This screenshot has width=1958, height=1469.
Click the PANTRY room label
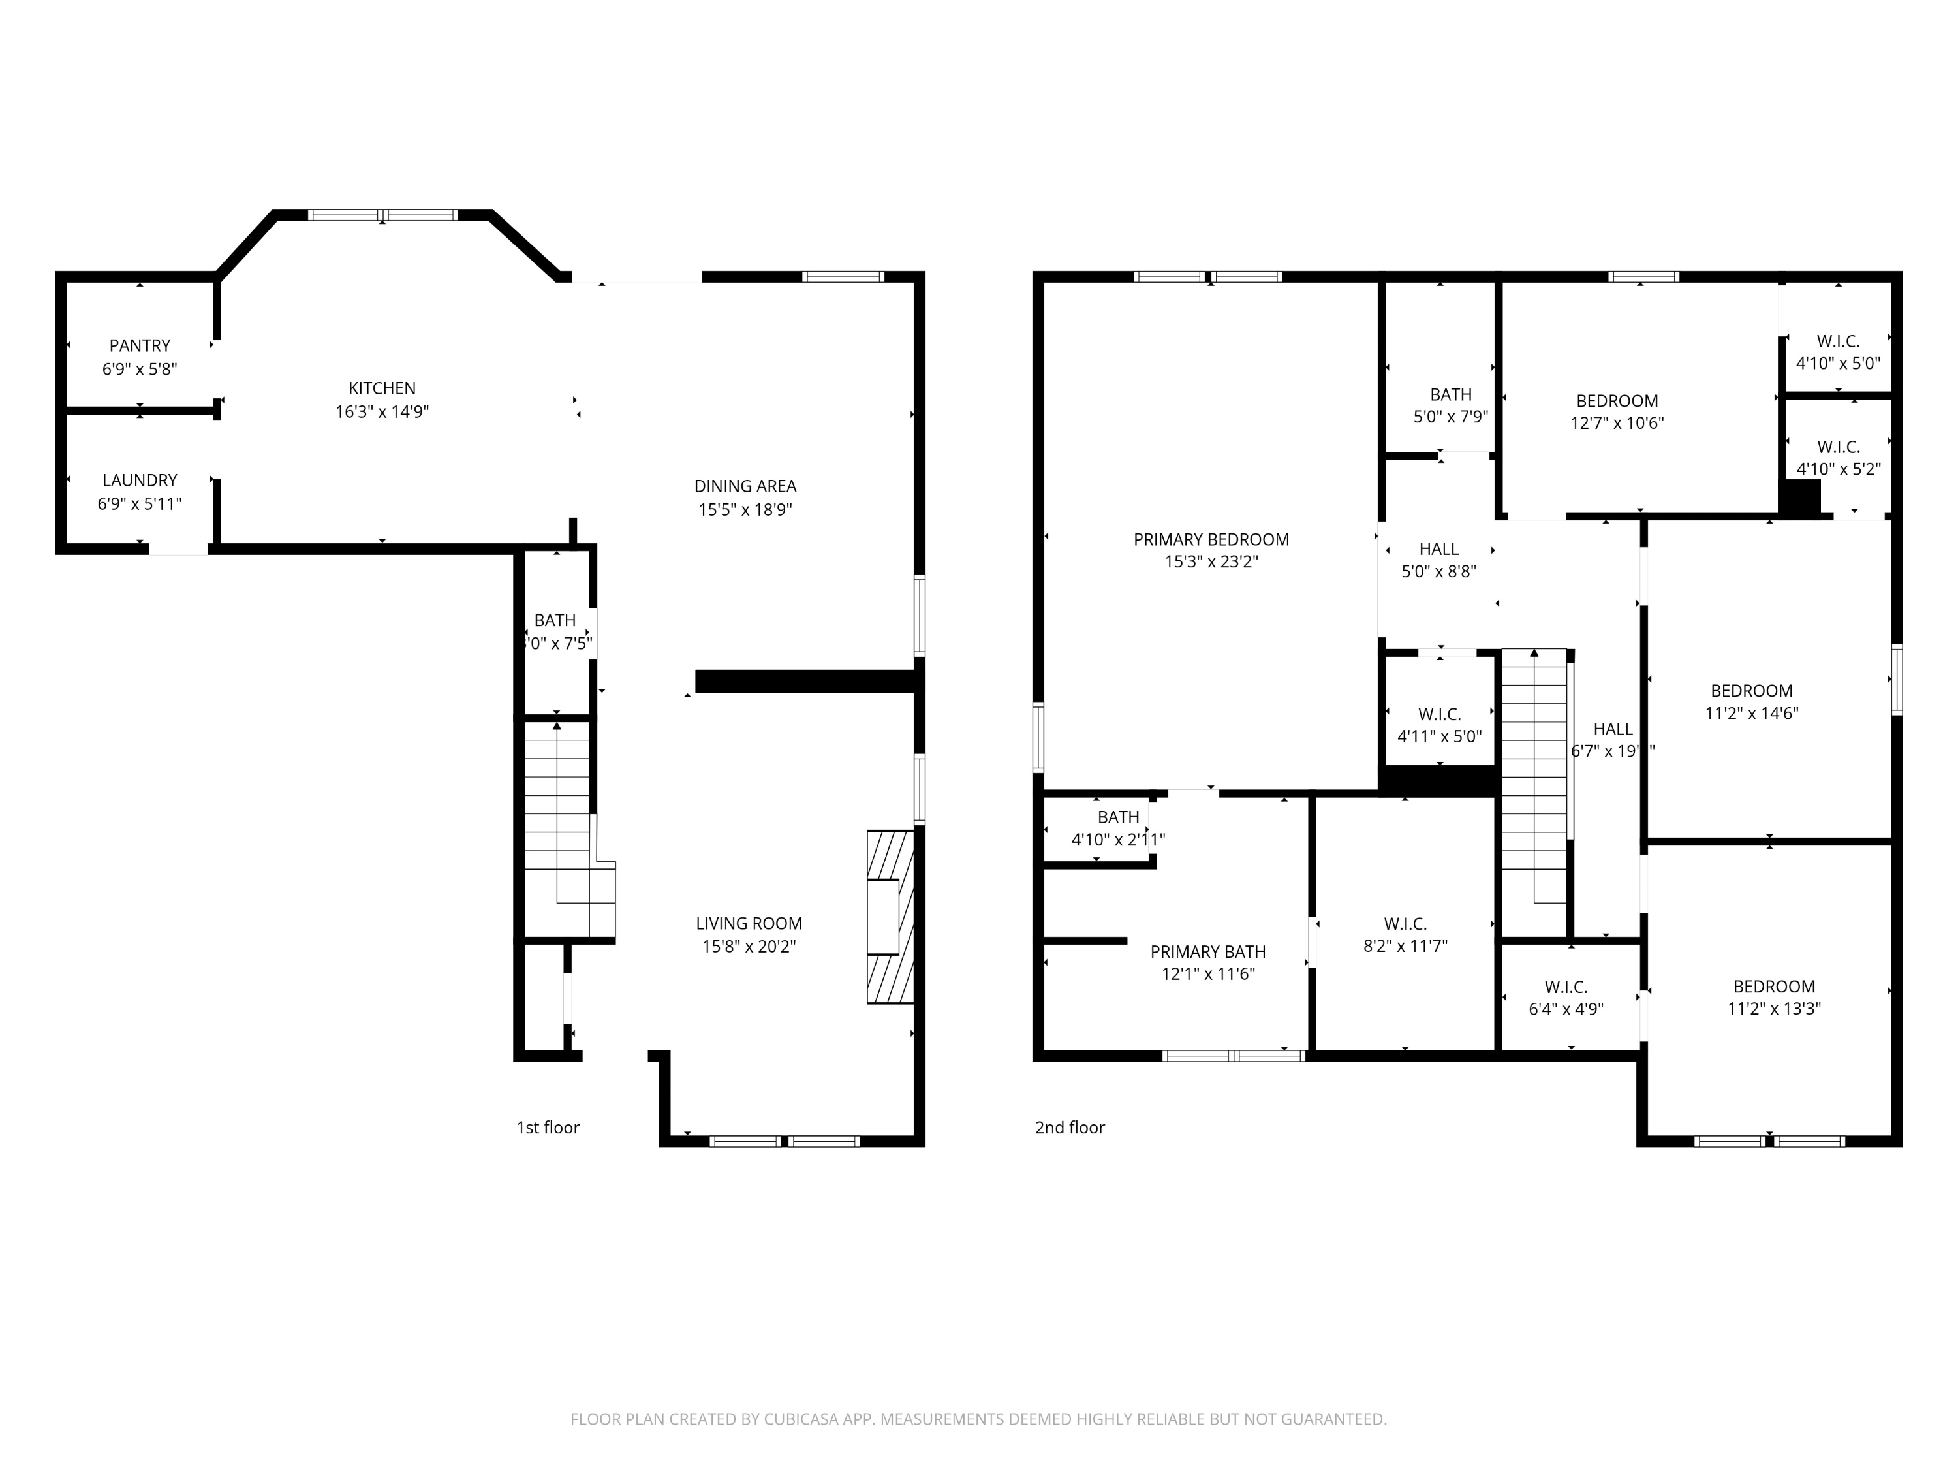(x=140, y=345)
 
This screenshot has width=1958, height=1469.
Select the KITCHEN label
(x=382, y=388)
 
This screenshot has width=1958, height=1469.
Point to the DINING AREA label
(x=745, y=486)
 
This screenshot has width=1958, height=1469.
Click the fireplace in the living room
(x=889, y=917)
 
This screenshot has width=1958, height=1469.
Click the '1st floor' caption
(x=548, y=1127)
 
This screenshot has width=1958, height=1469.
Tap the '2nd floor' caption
(x=1069, y=1127)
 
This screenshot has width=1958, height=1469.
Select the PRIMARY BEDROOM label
(x=1211, y=539)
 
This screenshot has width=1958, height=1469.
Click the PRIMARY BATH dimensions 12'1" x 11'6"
(x=1207, y=974)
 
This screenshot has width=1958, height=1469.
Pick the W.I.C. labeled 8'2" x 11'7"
(x=1405, y=935)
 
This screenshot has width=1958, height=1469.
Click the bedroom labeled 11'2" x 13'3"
(x=1773, y=997)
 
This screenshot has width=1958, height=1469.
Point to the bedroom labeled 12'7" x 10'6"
(x=1616, y=412)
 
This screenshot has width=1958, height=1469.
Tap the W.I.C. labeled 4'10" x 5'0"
(x=1838, y=351)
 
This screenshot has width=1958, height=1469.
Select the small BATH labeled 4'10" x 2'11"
(x=1117, y=828)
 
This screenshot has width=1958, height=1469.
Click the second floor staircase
(x=1536, y=779)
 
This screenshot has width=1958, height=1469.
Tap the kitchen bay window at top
(x=382, y=214)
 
